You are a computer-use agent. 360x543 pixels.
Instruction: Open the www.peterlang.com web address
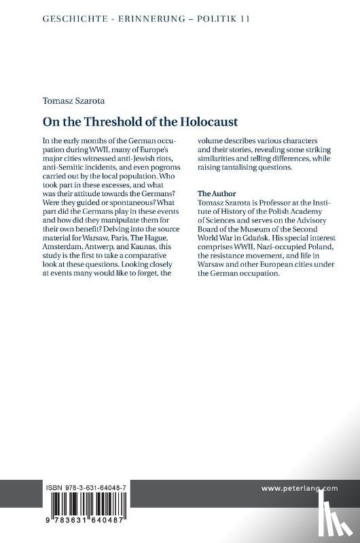tap(299, 487)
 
